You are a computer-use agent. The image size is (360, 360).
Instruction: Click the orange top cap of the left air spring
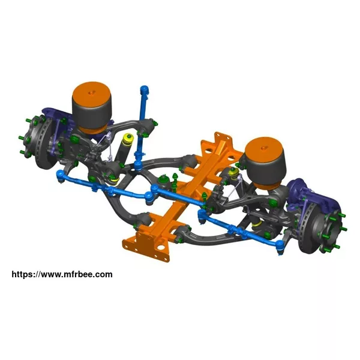92,93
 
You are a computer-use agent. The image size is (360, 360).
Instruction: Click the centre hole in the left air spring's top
92,92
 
